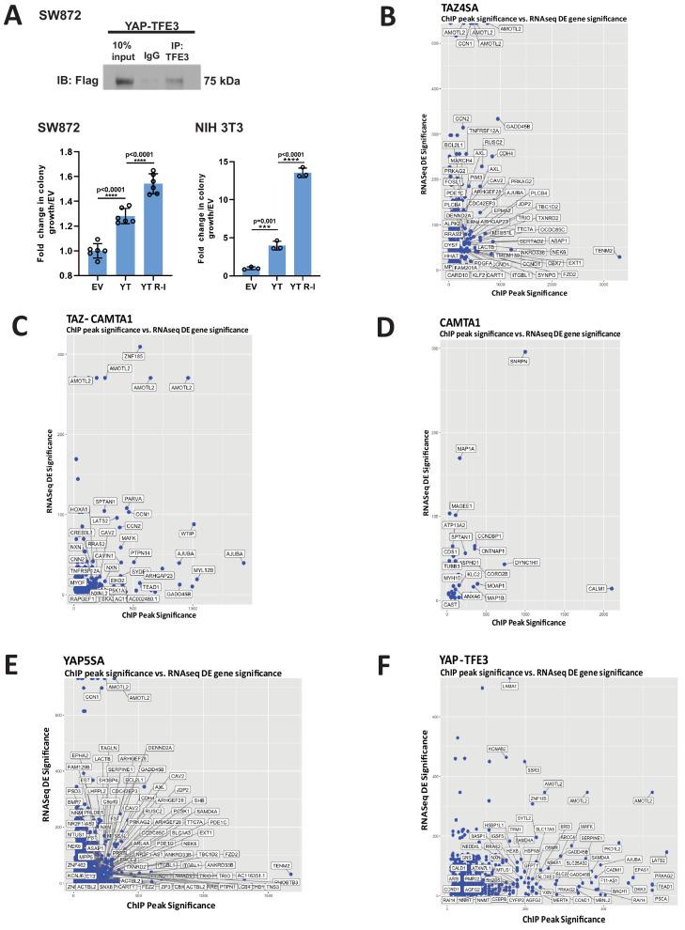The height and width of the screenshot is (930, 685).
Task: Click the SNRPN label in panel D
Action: (518, 361)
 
